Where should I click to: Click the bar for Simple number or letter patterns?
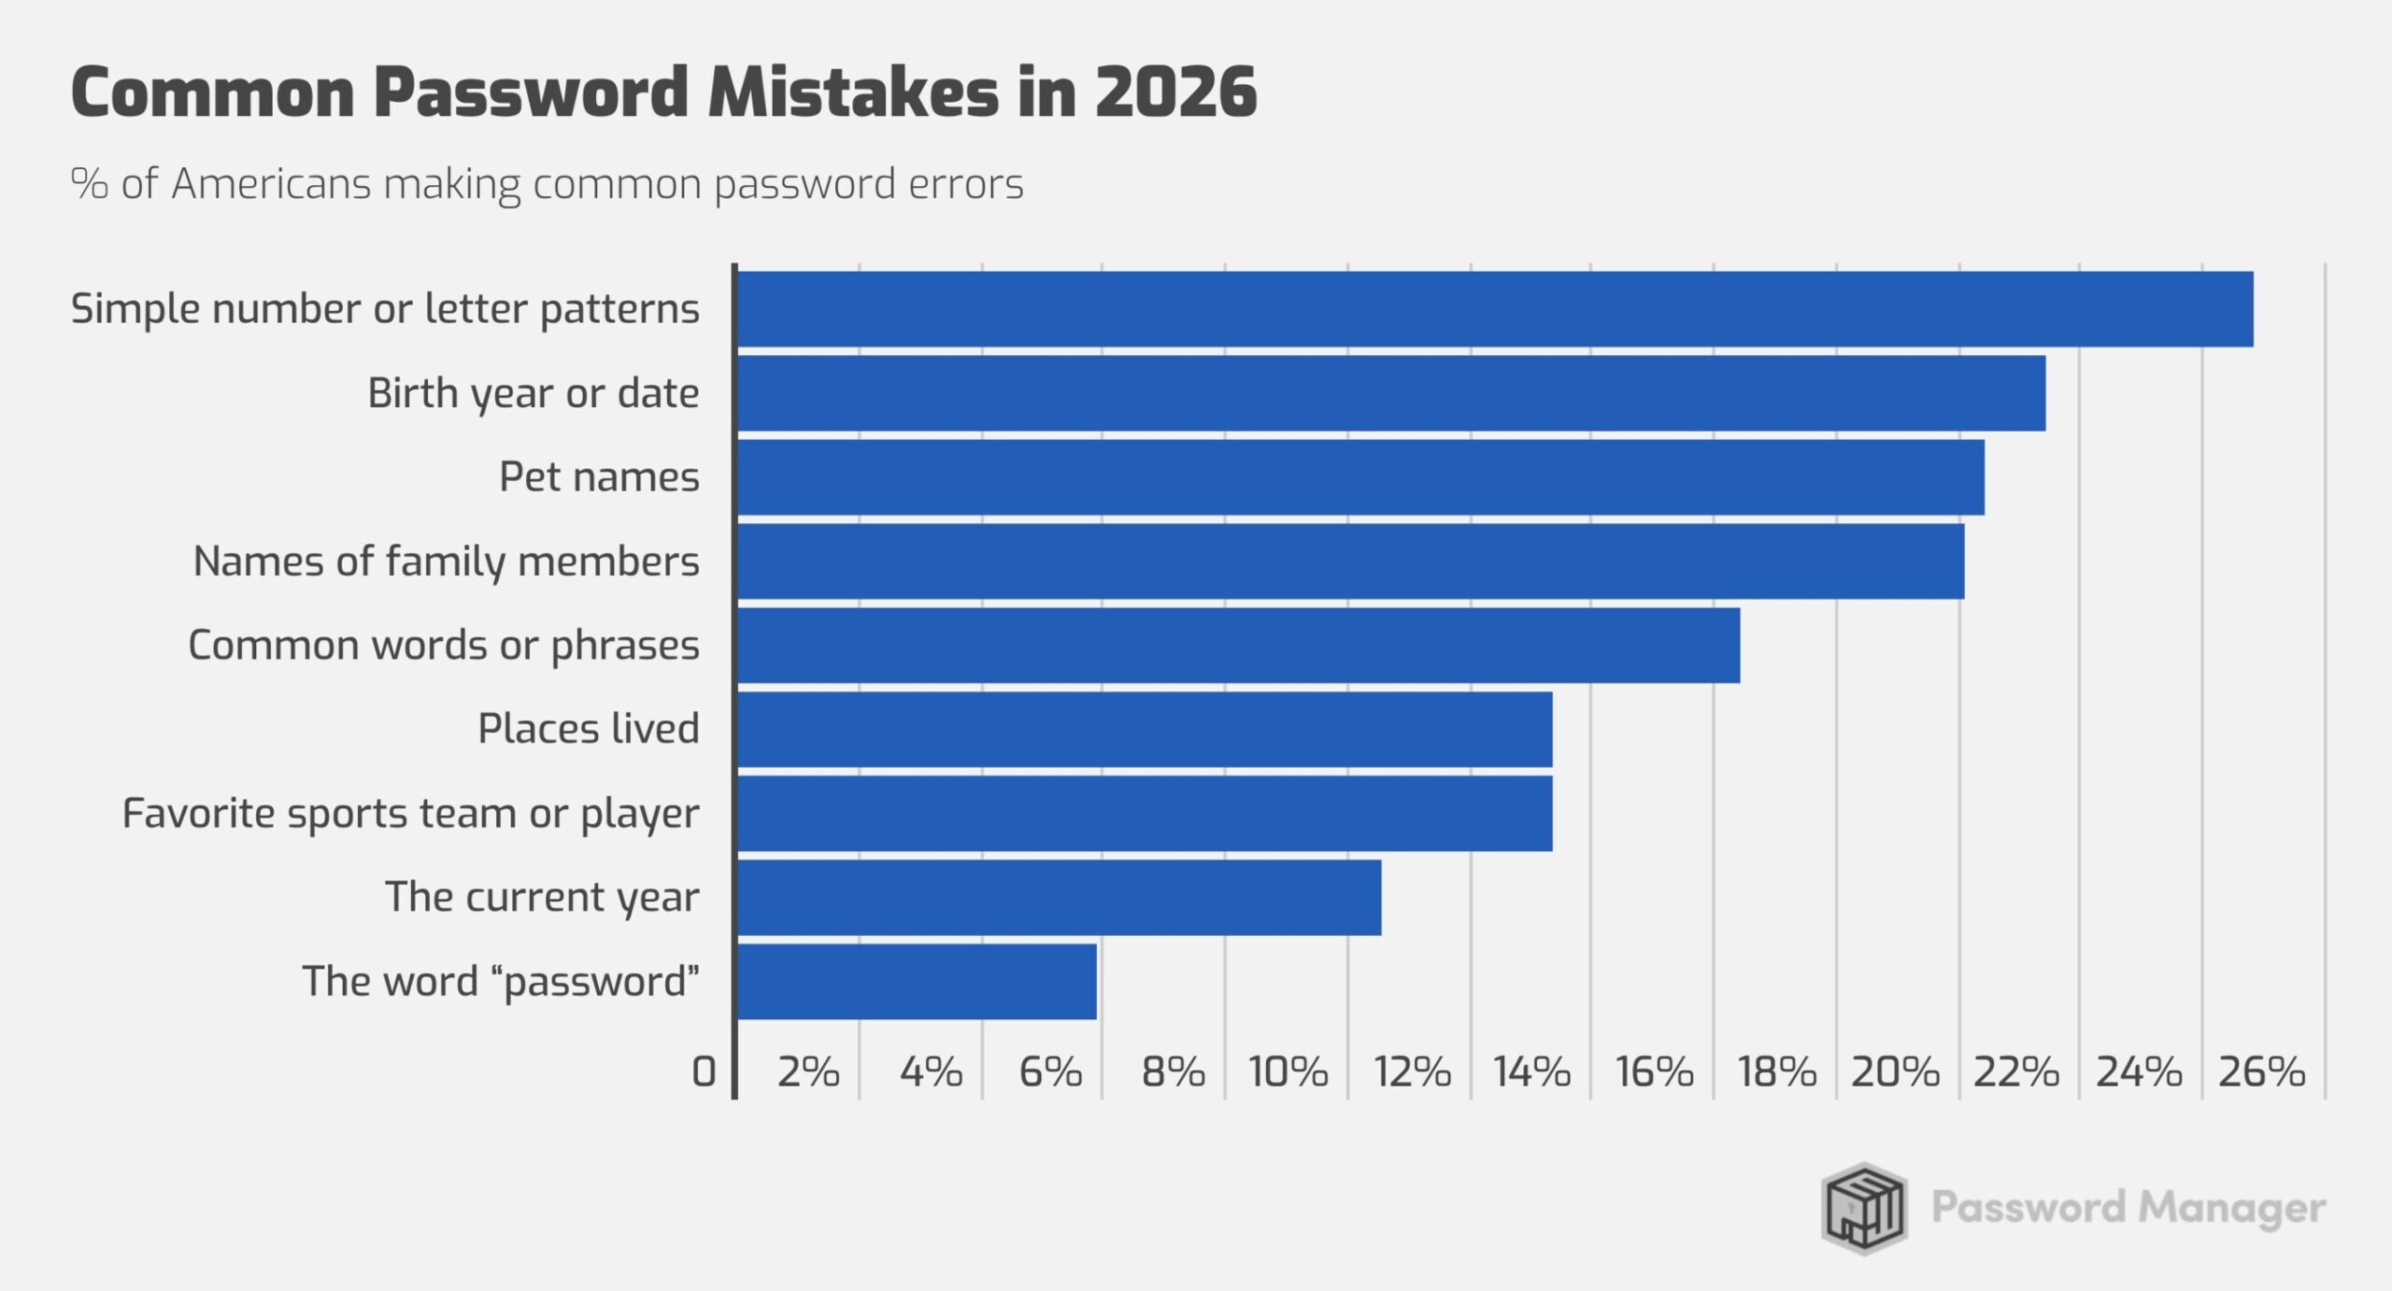point(1495,309)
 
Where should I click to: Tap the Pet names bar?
point(1360,477)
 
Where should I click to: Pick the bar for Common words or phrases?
point(1238,645)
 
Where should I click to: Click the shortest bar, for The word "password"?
point(917,982)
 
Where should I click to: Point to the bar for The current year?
point(1059,898)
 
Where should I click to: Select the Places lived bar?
point(1145,730)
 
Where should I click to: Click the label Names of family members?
point(446,561)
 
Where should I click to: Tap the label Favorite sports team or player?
point(410,814)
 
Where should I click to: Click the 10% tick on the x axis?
point(1289,1072)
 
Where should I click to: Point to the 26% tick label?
point(2261,1072)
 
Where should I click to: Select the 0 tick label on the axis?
point(704,1072)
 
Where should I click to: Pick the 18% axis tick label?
point(1776,1072)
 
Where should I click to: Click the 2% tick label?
point(808,1072)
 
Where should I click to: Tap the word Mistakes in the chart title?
point(852,92)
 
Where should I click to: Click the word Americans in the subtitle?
point(271,184)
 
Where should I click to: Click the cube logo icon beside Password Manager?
point(1863,1208)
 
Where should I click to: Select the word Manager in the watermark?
point(2231,1209)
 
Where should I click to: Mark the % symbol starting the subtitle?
point(89,184)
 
